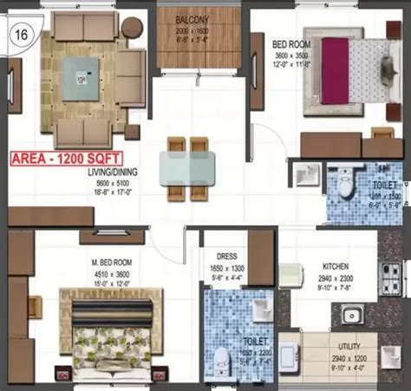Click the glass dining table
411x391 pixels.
click(182, 164)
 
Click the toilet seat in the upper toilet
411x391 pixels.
click(344, 185)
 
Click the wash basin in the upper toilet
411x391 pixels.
click(304, 176)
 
